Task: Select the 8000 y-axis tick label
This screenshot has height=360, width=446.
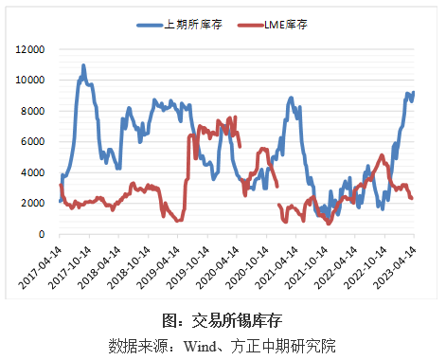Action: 32,111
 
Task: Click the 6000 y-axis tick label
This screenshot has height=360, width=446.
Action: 32,142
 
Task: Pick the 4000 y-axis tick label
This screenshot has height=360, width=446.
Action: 32,172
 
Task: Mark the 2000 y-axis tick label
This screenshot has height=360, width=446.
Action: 32,204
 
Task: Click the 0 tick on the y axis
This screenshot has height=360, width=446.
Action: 42,234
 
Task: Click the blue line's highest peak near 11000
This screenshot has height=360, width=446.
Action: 83,66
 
